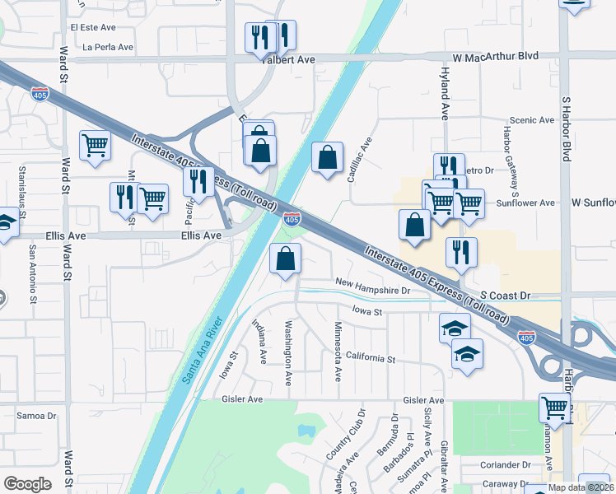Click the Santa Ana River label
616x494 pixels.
click(x=200, y=350)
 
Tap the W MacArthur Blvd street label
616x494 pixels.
click(x=494, y=57)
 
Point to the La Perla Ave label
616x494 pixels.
click(x=108, y=47)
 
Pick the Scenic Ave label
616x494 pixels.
click(x=532, y=120)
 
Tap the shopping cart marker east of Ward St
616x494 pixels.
click(x=96, y=146)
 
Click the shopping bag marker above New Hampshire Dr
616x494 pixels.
click(x=285, y=259)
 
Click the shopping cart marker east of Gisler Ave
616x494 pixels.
click(x=555, y=407)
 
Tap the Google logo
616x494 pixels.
click(x=28, y=483)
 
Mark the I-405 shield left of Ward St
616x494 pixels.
click(x=39, y=93)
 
